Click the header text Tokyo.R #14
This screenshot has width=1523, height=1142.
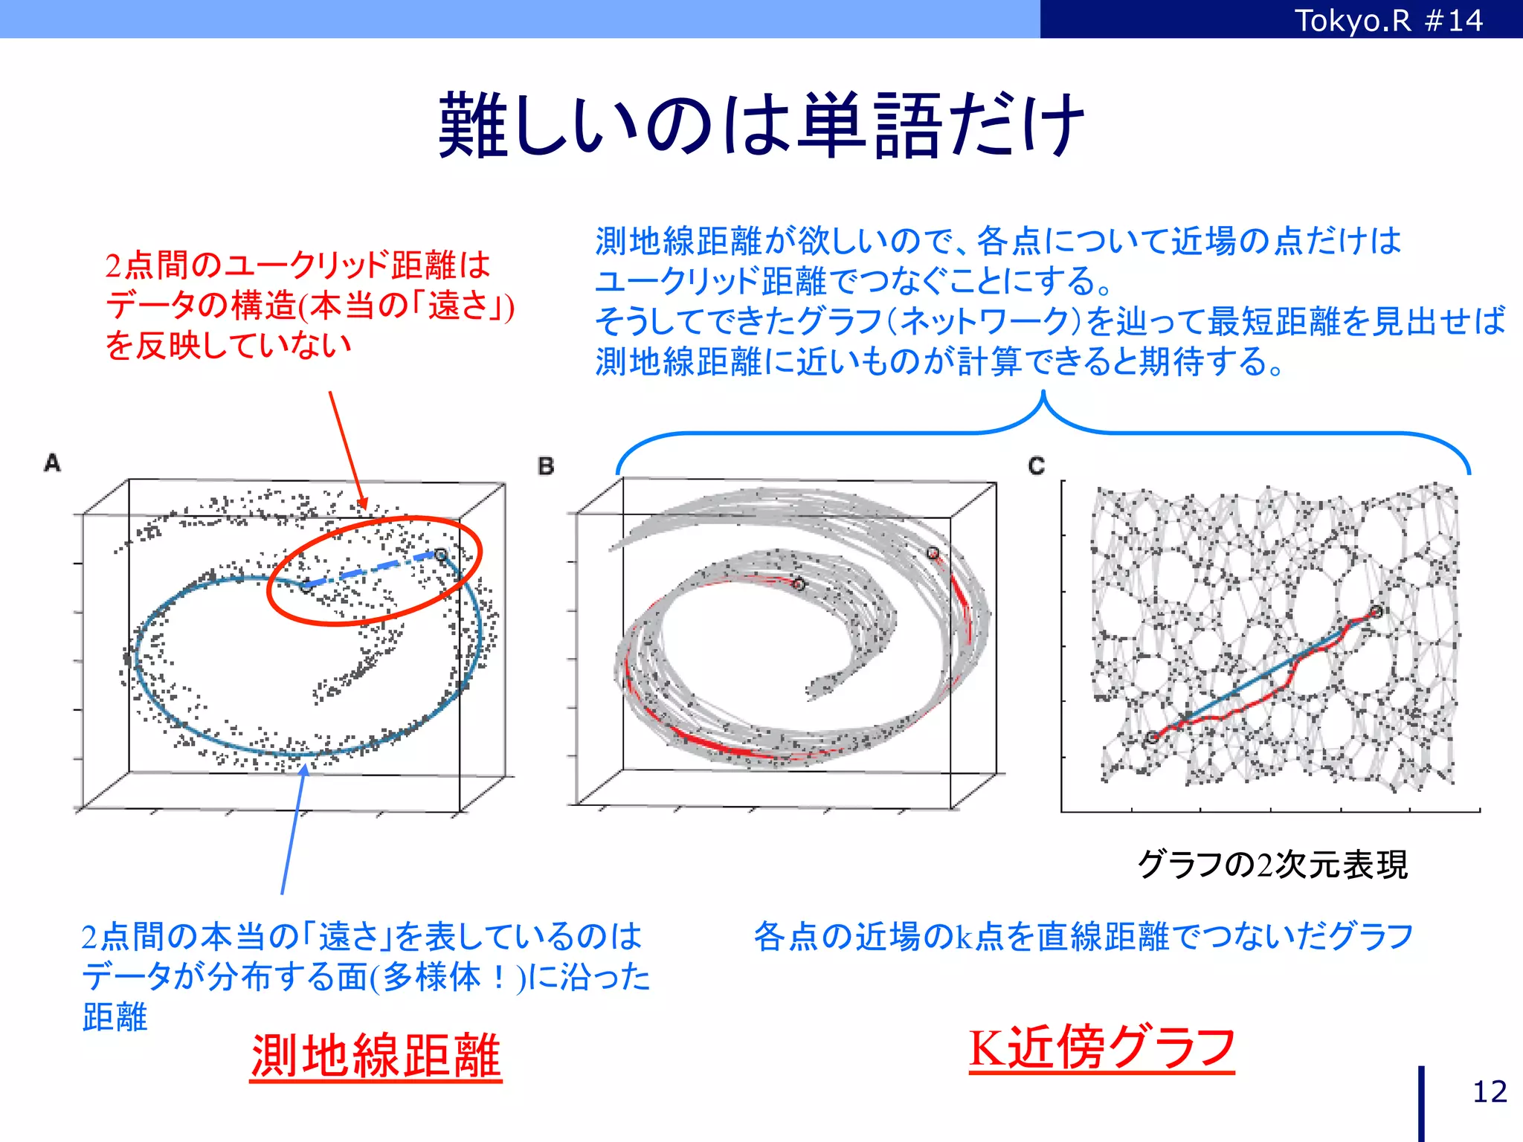click(x=1388, y=20)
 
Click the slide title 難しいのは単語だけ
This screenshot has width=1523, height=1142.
click(x=761, y=125)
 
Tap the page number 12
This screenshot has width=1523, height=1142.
click(x=1490, y=1091)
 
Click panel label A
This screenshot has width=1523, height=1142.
click(x=52, y=463)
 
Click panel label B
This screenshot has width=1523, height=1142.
click(x=546, y=466)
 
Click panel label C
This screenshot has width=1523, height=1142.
click(x=1037, y=466)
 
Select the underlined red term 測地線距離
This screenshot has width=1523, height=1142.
click(x=376, y=1056)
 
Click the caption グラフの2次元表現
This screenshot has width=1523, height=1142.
click(x=1272, y=865)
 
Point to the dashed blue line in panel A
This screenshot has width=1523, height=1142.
click(x=372, y=570)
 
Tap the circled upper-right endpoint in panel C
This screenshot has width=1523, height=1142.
click(x=1377, y=611)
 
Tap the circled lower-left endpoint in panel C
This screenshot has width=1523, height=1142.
click(x=1152, y=738)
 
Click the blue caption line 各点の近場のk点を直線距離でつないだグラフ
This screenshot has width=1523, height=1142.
click(x=1083, y=936)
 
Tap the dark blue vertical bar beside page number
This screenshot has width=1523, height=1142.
click(x=1421, y=1103)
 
